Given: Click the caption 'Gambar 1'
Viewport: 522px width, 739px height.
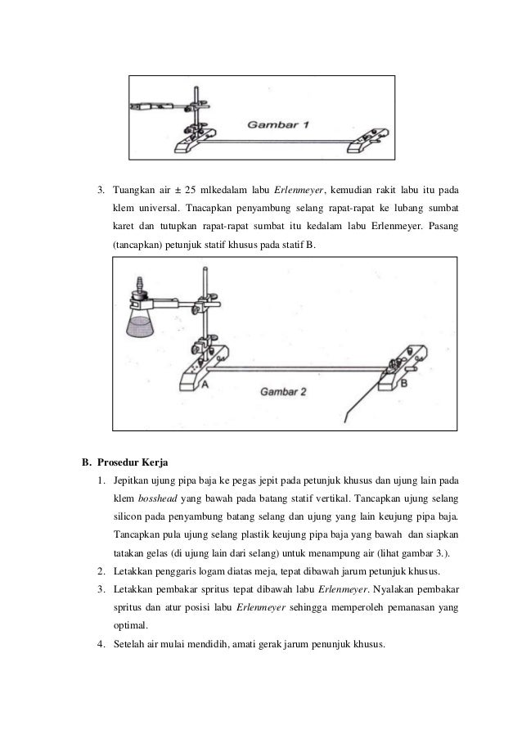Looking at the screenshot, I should click(277, 126).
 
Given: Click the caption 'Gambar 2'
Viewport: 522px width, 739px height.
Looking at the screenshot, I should click(282, 392).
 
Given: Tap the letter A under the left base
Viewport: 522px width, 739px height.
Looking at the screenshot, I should click(204, 383).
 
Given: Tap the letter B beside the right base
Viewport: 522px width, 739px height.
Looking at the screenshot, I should click(407, 381).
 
